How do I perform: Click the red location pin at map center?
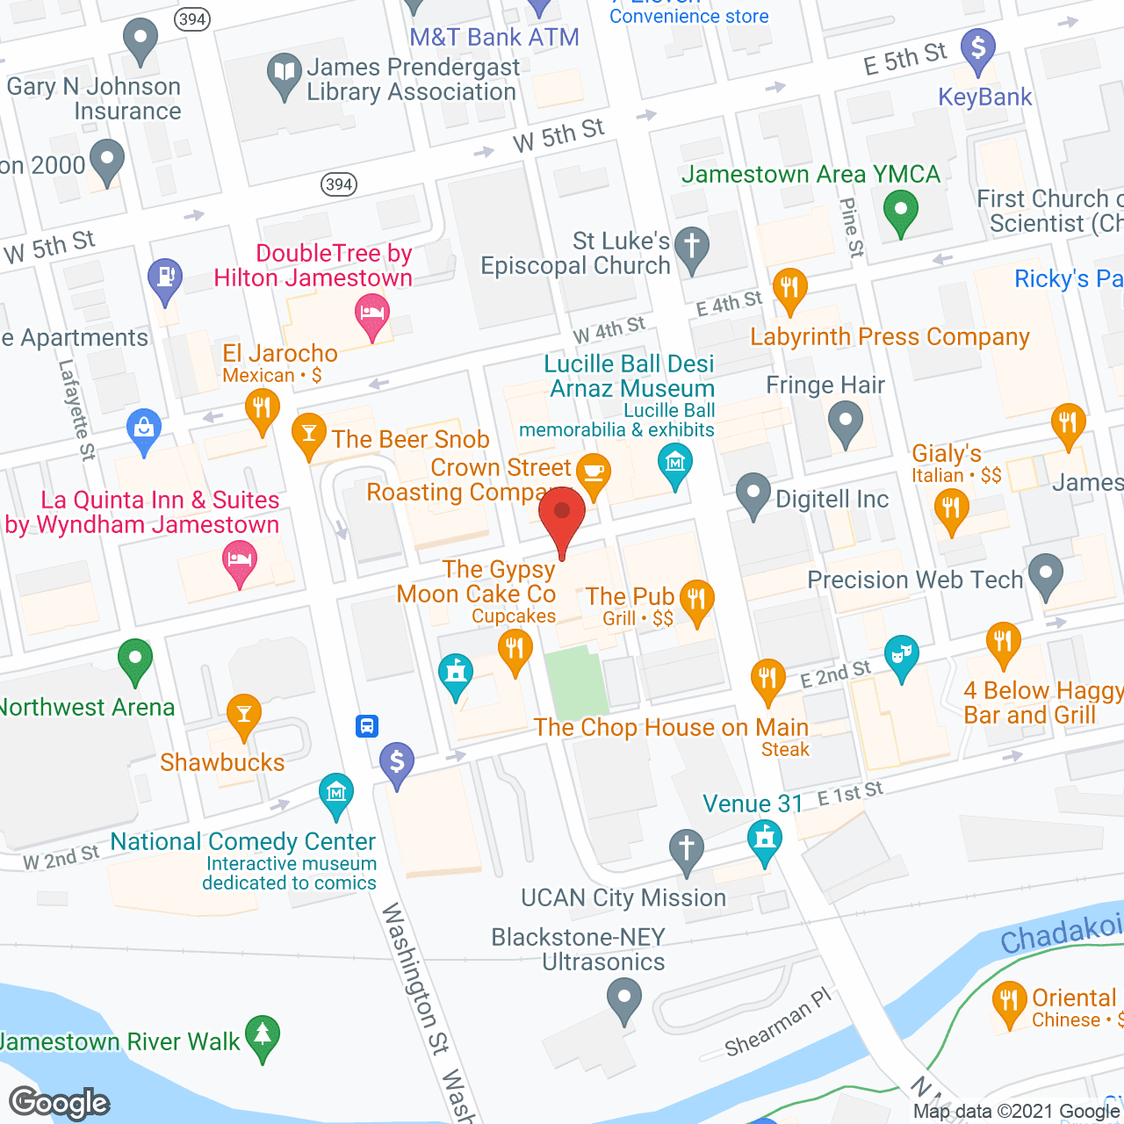pyautogui.click(x=562, y=513)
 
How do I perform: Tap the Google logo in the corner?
pyautogui.click(x=59, y=1103)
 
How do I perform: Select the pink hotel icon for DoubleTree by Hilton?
pyautogui.click(x=372, y=313)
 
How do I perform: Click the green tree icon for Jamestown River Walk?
pyautogui.click(x=263, y=1035)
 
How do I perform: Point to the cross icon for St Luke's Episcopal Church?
pyautogui.click(x=692, y=246)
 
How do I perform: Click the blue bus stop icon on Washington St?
pyautogui.click(x=367, y=726)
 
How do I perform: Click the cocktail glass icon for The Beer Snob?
pyautogui.click(x=308, y=432)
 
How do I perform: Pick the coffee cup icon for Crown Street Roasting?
pyautogui.click(x=594, y=472)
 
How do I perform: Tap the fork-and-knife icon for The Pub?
pyautogui.click(x=696, y=600)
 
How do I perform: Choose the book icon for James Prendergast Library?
pyautogui.click(x=284, y=73)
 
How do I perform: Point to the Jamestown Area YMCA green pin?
pyautogui.click(x=900, y=211)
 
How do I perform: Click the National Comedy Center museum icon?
pyautogui.click(x=335, y=793)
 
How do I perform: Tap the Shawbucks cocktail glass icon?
pyautogui.click(x=244, y=714)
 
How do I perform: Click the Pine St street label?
pyautogui.click(x=850, y=227)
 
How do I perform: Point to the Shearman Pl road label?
pyautogui.click(x=777, y=1023)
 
